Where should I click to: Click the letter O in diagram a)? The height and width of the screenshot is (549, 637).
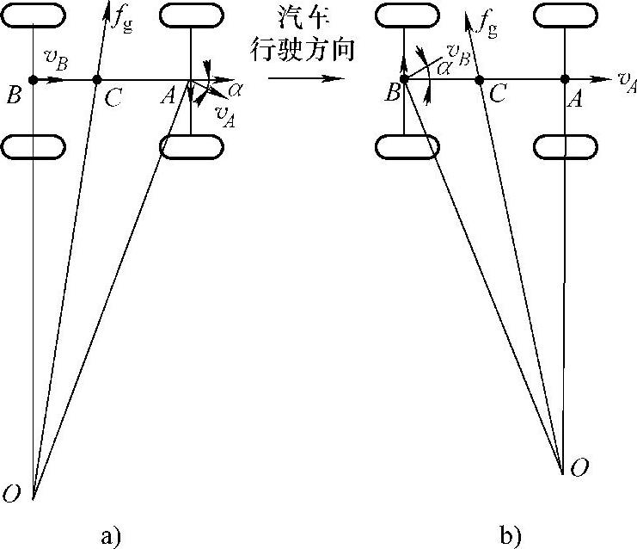click(x=12, y=493)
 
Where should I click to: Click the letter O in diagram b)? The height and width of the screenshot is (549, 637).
click(x=580, y=467)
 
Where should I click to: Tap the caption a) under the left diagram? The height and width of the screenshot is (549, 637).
click(x=111, y=536)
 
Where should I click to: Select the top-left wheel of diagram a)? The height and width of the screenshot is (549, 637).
click(x=33, y=15)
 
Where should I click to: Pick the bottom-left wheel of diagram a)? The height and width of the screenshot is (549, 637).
click(x=33, y=147)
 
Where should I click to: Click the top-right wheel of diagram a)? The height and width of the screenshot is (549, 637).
click(x=190, y=15)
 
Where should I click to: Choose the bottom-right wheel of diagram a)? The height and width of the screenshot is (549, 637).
click(x=190, y=147)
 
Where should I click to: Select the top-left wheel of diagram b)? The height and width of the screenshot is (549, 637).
click(x=404, y=15)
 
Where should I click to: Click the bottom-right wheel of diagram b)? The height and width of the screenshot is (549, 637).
click(x=563, y=147)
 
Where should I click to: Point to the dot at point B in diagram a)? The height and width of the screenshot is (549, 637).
click(x=33, y=80)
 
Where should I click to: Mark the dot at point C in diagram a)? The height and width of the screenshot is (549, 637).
click(x=96, y=80)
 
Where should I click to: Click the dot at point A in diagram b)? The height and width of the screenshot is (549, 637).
click(x=564, y=80)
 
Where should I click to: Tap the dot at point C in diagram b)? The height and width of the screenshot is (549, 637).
click(x=480, y=80)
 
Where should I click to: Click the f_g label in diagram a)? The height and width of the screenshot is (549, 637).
click(x=127, y=17)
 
